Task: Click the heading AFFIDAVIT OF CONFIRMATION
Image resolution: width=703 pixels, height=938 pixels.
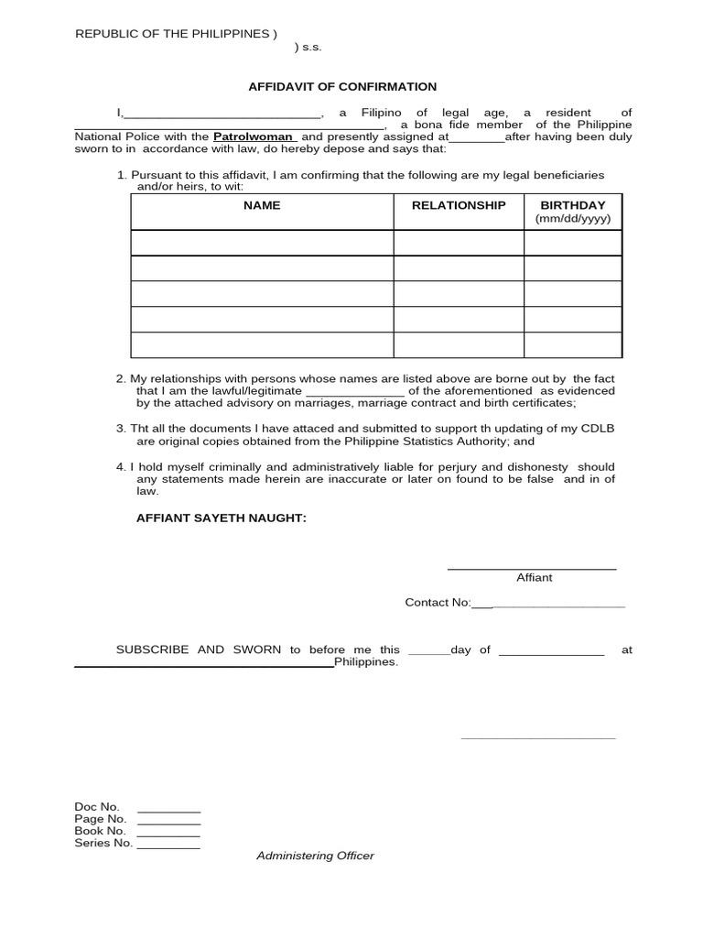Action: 342,87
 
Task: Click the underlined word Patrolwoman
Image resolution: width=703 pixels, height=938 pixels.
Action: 254,136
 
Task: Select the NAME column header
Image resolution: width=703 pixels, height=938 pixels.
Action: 262,205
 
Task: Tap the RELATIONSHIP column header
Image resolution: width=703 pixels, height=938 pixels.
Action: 458,205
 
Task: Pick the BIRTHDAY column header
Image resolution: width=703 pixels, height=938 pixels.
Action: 572,205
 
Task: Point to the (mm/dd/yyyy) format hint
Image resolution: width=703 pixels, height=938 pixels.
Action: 572,219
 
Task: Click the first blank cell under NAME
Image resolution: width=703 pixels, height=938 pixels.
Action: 262,243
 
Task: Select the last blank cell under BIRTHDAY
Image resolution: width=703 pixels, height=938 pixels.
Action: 572,345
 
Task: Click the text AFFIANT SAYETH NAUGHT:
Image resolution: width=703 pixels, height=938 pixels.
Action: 222,518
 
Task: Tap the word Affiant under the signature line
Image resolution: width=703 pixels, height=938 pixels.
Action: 535,577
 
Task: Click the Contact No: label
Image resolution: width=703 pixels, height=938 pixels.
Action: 438,602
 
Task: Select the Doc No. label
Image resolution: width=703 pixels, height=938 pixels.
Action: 97,807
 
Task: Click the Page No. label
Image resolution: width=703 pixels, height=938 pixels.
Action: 100,819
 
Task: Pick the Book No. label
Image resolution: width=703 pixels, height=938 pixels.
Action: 100,831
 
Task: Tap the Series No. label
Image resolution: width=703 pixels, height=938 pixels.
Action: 103,843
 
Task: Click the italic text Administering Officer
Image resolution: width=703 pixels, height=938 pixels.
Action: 315,856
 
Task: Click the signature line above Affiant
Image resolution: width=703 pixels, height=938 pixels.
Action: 531,569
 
